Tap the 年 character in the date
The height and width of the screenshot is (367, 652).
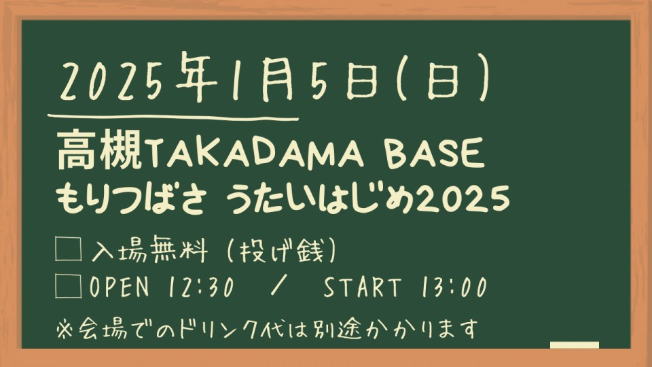pos(196,77)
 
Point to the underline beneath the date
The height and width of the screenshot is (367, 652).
pos(173,118)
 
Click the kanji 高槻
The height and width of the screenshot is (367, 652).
pos(99,149)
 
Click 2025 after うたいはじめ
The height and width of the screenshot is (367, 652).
pos(463,199)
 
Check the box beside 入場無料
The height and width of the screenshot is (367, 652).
pos(68,249)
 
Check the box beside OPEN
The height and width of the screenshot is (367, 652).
pos(68,286)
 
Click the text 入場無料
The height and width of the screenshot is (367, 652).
pos(149,249)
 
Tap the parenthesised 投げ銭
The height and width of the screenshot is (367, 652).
pos(281,250)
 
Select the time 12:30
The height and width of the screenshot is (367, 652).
pos(201,287)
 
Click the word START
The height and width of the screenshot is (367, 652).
pos(362,287)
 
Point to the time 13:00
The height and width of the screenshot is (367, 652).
pos(454,287)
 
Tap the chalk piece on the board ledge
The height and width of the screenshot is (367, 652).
pos(575,345)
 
